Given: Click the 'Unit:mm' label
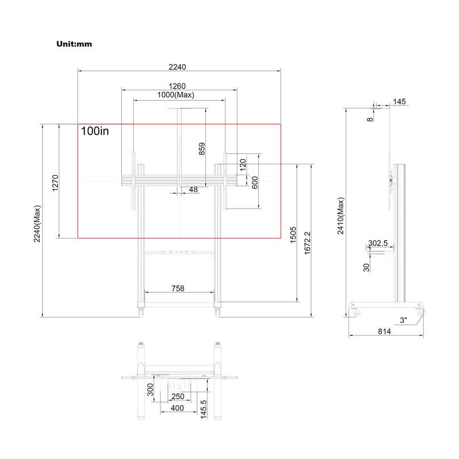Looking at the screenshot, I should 74,44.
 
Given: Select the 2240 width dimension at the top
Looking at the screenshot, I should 177,66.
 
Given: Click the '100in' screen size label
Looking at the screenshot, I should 95,131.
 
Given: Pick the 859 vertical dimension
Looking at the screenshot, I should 202,148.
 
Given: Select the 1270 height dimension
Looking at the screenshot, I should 55,182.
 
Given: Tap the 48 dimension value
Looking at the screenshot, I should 193,189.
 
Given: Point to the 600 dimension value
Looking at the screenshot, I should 255,182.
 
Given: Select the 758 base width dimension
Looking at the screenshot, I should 178,288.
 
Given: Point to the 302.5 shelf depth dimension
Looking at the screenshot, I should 377,243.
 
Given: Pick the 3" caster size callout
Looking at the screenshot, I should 403,320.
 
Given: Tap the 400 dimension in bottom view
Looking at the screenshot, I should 177,408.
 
